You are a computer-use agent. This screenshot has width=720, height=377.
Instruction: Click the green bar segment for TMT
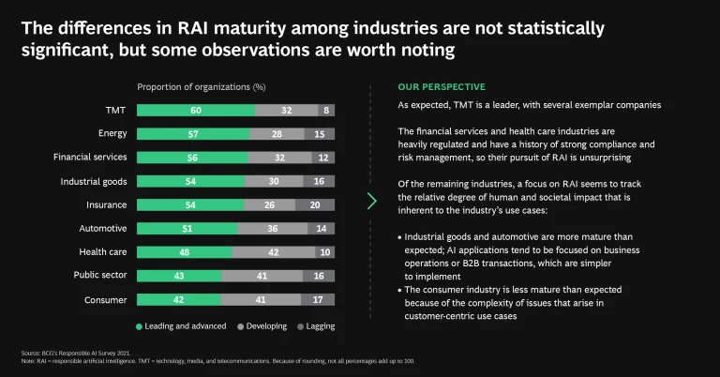click(x=196, y=110)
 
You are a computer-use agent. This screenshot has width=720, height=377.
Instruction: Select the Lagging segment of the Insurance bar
click(x=316, y=204)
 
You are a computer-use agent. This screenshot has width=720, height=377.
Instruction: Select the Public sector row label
click(x=101, y=275)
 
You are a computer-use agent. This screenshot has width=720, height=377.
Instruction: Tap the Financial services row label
click(x=91, y=157)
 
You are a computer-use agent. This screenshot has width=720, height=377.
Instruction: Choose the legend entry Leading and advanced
click(x=185, y=326)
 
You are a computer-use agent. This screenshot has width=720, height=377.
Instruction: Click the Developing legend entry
click(x=262, y=326)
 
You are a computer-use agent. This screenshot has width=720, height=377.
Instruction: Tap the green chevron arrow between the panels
click(x=372, y=201)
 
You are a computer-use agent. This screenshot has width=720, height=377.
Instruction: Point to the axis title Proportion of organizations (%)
click(x=202, y=86)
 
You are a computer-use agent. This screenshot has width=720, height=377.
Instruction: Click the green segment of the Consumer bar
click(x=179, y=299)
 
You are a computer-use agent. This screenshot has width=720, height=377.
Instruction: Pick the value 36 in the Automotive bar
click(x=273, y=228)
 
